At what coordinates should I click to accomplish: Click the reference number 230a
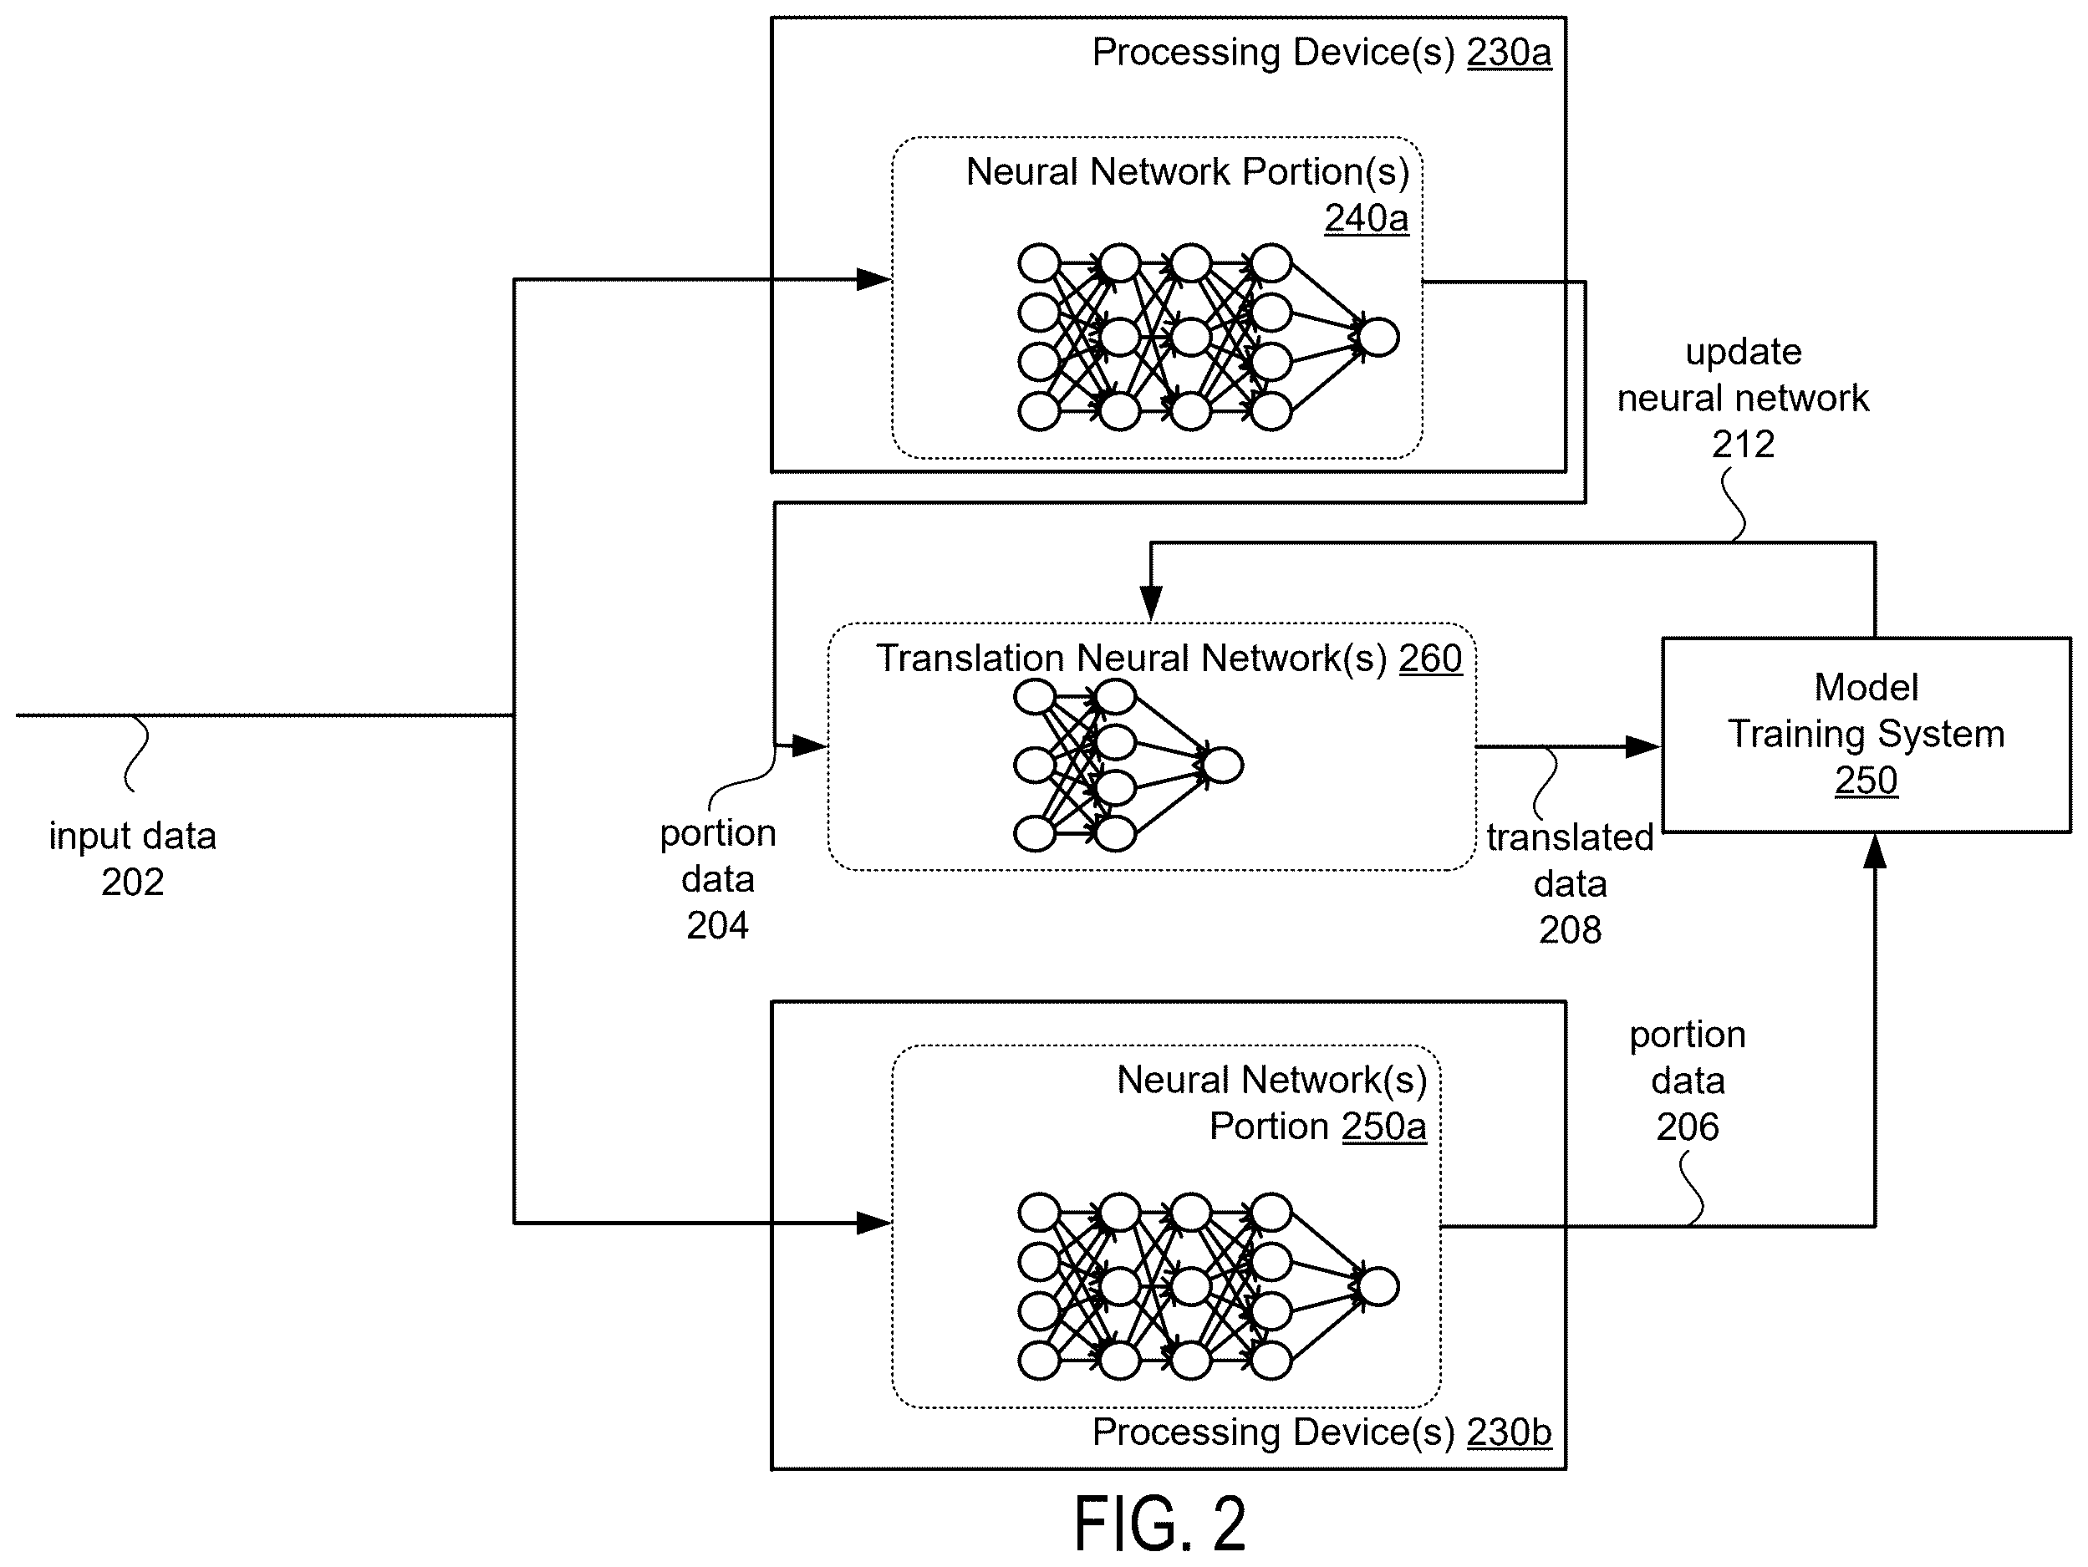click(1509, 53)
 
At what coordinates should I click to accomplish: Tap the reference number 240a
click(1366, 218)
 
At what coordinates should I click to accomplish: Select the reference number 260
click(1430, 658)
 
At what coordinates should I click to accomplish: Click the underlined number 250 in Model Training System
click(1866, 780)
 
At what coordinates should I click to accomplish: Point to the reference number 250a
click(1384, 1127)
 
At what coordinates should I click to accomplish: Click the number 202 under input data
click(132, 882)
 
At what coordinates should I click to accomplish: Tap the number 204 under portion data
click(717, 925)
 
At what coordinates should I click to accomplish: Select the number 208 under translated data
click(1570, 930)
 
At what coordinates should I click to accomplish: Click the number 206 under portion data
click(1688, 1127)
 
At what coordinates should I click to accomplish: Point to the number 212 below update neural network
click(1744, 444)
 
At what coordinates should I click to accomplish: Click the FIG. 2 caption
click(1160, 1523)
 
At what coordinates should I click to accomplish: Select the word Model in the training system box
click(1866, 687)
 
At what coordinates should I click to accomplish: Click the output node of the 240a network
click(1378, 337)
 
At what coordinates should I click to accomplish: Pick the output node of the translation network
click(1222, 765)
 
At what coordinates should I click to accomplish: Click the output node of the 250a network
click(1378, 1287)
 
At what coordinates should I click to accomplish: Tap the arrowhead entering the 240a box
click(874, 279)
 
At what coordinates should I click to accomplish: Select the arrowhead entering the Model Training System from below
click(1875, 852)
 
